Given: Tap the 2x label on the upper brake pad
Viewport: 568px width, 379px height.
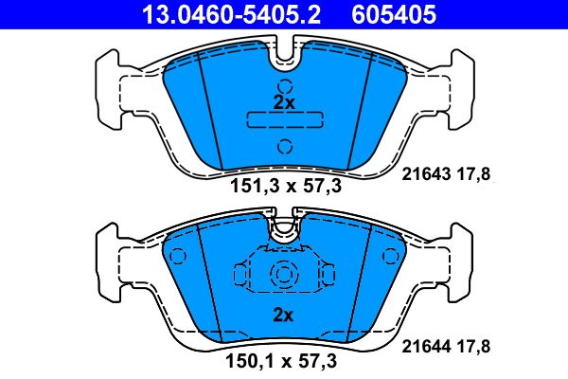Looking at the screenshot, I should [284, 101].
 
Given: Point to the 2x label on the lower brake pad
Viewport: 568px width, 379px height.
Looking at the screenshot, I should [284, 315].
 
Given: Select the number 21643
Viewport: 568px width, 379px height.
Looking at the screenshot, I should [424, 173].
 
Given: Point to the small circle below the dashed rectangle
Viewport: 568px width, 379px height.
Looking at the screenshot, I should [284, 146].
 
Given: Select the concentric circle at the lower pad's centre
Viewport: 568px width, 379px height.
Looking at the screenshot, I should [284, 276].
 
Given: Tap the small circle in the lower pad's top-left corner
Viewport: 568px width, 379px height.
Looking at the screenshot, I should [175, 256].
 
